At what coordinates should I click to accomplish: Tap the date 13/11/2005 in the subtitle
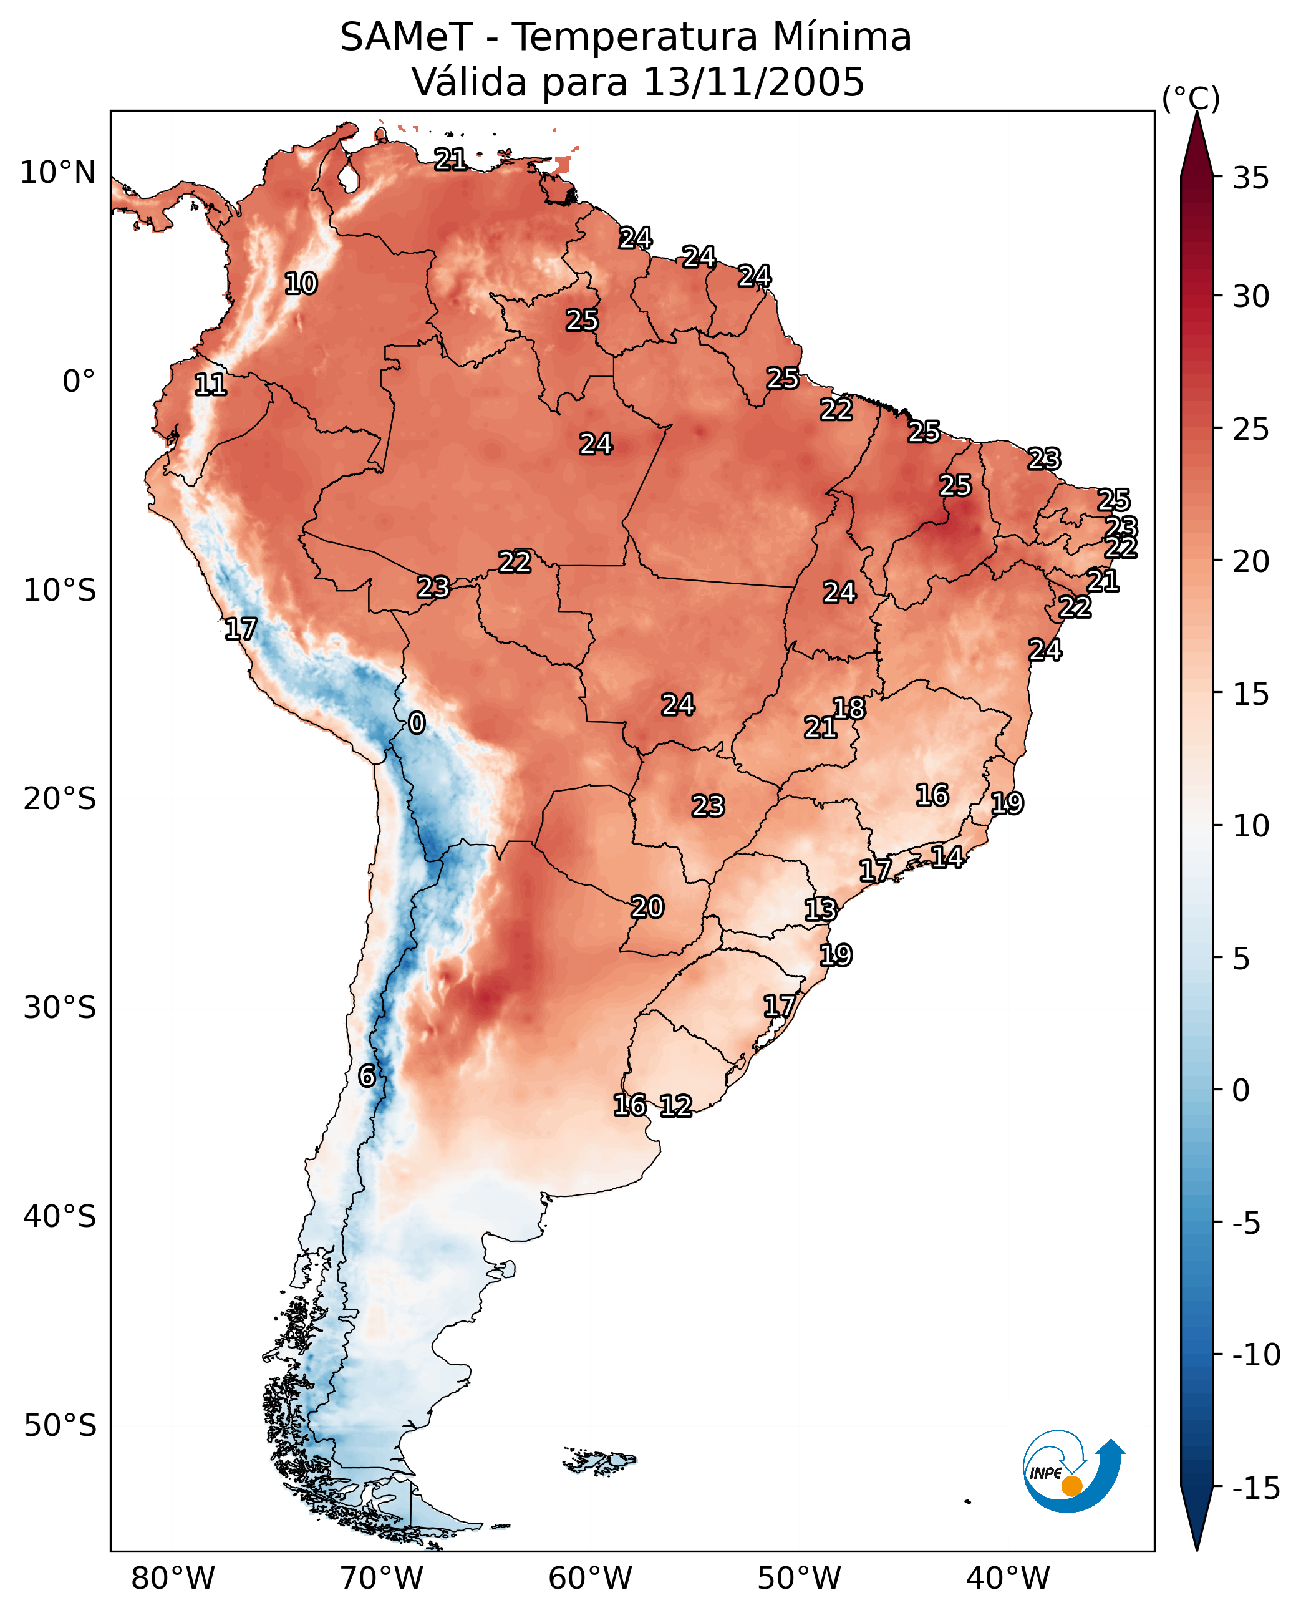point(754,82)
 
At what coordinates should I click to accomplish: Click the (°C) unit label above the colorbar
point(1191,98)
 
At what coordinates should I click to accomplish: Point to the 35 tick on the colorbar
point(1250,178)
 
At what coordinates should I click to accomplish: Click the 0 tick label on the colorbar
point(1241,1090)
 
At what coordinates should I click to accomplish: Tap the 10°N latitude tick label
point(58,173)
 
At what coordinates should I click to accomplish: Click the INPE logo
point(1073,1471)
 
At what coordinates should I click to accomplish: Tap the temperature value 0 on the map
point(417,724)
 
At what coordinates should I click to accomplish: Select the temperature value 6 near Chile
point(367,1077)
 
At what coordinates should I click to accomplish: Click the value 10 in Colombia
point(301,284)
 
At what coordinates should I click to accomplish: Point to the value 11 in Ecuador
point(211,385)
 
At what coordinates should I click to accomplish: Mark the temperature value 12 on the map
point(675,1105)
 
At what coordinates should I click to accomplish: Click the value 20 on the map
point(647,908)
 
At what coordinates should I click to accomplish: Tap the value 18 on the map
point(849,709)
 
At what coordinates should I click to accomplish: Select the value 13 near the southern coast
point(821,910)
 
